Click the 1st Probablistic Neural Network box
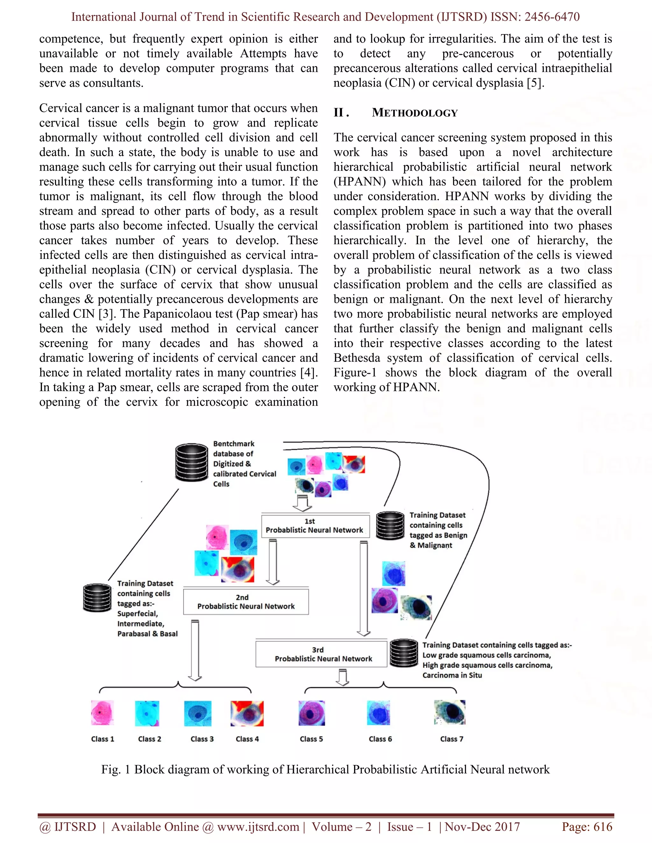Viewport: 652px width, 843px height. [x=315, y=526]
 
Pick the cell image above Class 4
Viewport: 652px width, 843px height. [x=247, y=714]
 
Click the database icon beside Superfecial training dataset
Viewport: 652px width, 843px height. [x=97, y=598]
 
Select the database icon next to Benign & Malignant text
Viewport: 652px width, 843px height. [x=390, y=525]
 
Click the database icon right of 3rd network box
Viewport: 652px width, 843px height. [x=403, y=653]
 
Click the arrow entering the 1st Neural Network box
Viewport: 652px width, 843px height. [x=302, y=503]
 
